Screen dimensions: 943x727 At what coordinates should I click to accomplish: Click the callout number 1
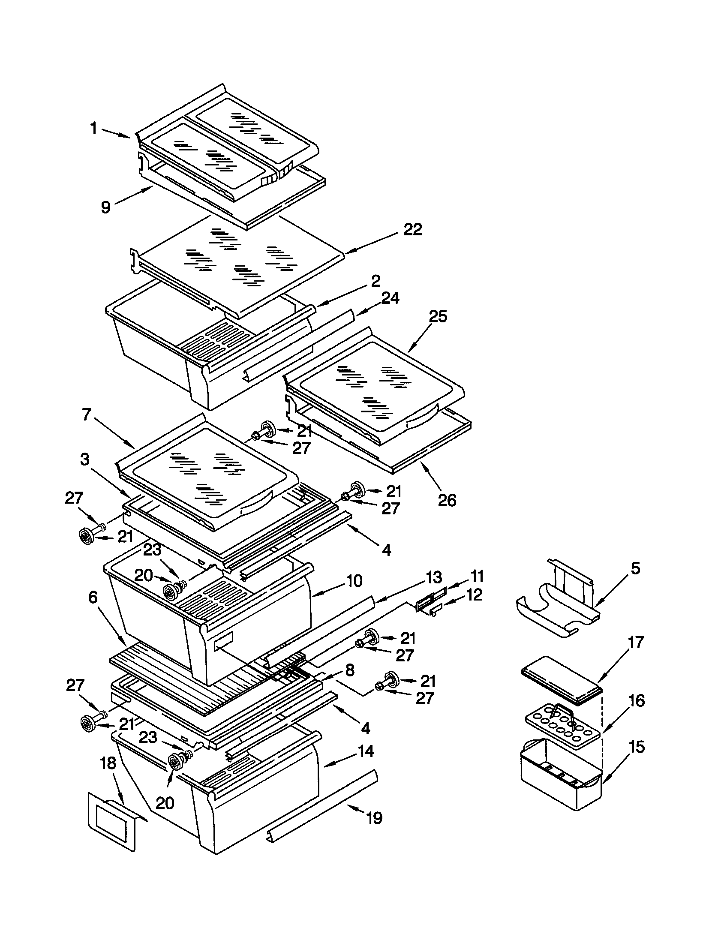[x=93, y=128]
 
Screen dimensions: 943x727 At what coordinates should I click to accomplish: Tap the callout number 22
[x=412, y=230]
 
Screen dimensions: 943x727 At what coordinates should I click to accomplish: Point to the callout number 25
[x=438, y=316]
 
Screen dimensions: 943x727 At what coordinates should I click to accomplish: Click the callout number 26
[x=447, y=500]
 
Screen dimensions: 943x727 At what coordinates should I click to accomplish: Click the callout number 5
[x=635, y=569]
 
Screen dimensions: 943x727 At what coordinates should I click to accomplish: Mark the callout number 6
[x=93, y=598]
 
